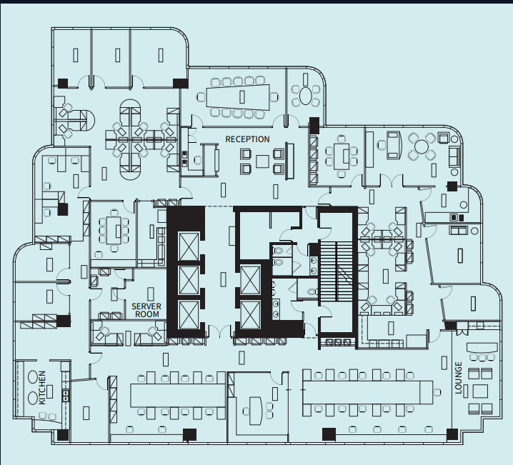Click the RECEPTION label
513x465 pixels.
click(x=247, y=139)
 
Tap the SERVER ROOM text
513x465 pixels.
click(x=146, y=310)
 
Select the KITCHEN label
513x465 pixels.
click(x=42, y=387)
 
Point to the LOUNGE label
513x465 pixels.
click(x=459, y=378)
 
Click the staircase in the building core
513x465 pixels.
click(x=337, y=271)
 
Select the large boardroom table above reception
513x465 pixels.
click(x=235, y=96)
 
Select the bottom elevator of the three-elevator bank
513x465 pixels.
click(x=189, y=314)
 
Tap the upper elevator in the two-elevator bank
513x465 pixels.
click(x=250, y=278)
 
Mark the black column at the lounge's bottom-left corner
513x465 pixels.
click(x=451, y=433)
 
